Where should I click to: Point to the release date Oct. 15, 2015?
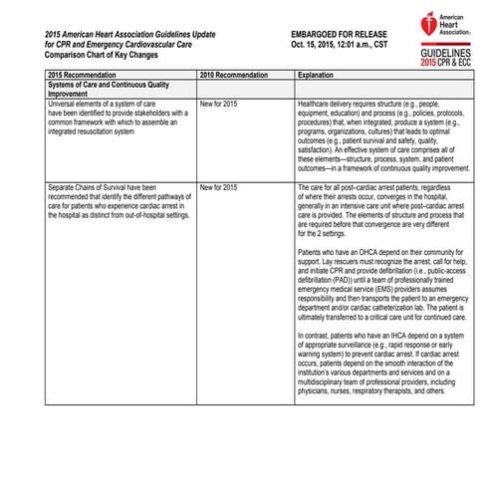(x=310, y=46)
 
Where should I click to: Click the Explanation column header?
(x=318, y=74)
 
